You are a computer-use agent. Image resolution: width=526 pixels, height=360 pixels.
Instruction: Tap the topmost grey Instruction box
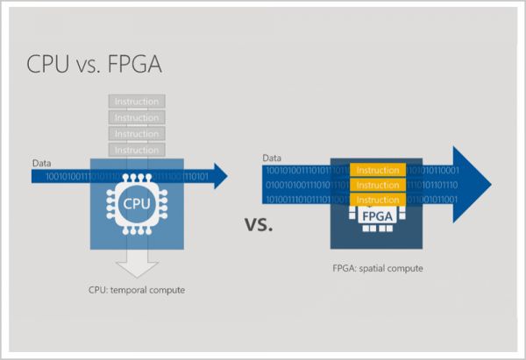pos(137,102)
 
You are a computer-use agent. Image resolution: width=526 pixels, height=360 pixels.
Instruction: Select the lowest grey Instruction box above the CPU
pos(137,151)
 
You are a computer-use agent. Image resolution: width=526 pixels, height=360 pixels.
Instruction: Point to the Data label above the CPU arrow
pos(41,163)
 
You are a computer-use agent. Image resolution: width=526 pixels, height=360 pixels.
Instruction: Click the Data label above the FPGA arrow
pos(271,159)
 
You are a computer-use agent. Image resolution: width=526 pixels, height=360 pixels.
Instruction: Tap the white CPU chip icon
pos(137,204)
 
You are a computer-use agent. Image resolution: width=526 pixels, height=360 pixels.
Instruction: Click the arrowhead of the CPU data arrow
pos(219,176)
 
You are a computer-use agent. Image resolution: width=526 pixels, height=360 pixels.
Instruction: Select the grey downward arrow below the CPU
pos(137,263)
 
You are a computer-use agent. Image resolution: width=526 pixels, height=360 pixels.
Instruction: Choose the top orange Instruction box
pos(378,170)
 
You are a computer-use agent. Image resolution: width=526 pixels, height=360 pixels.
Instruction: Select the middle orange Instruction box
pos(378,185)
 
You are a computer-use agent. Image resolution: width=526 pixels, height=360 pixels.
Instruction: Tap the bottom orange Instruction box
pos(378,200)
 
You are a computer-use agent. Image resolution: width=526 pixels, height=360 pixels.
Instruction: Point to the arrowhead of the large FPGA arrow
pos(474,185)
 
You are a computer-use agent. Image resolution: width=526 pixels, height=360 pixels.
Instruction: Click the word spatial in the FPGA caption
pos(378,269)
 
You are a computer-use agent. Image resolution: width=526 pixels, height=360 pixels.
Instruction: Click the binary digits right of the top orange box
pos(433,170)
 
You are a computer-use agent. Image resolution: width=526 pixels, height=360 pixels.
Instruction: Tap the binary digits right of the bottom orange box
pos(433,200)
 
